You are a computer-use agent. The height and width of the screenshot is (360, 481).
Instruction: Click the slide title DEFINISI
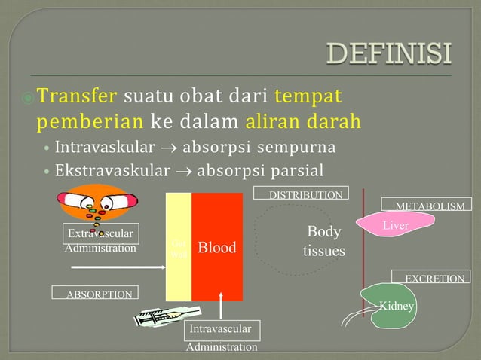pos(389,54)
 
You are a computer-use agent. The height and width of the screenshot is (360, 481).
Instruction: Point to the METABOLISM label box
pos(429,205)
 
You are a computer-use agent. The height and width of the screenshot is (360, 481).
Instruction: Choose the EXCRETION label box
pos(434,278)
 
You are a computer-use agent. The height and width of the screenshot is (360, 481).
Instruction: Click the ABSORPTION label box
pos(93,294)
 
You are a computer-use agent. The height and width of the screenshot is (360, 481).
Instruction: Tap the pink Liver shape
pos(396,224)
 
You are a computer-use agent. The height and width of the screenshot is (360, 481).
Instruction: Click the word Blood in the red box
pos(217,248)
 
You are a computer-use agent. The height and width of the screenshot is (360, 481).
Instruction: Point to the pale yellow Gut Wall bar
pos(179,246)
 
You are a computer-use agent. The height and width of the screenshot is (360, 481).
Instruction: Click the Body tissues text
pos(324,241)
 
